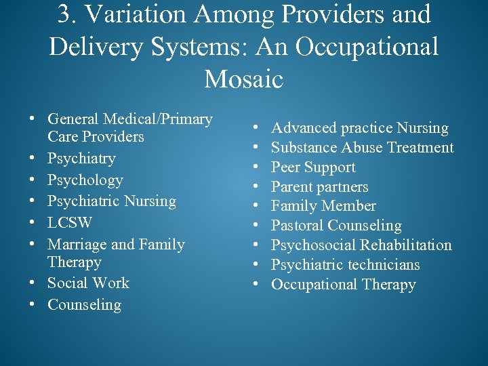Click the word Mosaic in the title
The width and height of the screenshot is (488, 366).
click(x=243, y=79)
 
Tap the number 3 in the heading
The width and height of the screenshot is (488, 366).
click(x=66, y=14)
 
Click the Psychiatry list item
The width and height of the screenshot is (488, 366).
click(x=81, y=159)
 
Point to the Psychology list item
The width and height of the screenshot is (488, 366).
click(x=85, y=180)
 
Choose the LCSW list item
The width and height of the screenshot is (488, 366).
click(x=70, y=222)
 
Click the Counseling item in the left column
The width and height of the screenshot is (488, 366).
click(x=84, y=305)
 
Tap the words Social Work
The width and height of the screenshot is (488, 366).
click(x=88, y=283)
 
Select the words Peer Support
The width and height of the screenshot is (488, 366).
click(x=313, y=167)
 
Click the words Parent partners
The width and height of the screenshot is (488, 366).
click(x=320, y=187)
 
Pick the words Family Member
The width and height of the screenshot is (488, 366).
click(x=323, y=206)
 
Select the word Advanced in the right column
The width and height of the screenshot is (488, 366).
click(x=304, y=128)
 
